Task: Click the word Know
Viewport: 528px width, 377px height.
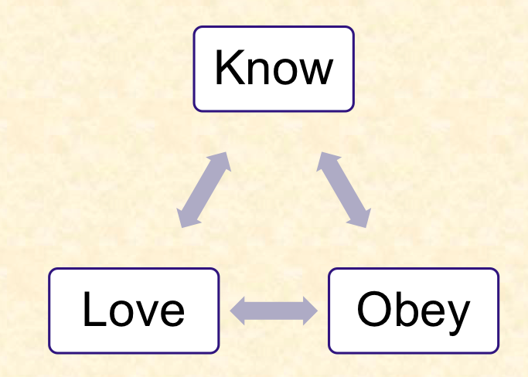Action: [x=274, y=69]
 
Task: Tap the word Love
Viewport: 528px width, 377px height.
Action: [x=134, y=310]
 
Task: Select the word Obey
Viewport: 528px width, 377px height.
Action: [x=413, y=310]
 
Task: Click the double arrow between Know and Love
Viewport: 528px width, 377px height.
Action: [x=204, y=189]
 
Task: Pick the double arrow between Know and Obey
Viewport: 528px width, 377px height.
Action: [x=343, y=189]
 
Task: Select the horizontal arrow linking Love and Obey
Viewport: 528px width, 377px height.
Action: [x=274, y=311]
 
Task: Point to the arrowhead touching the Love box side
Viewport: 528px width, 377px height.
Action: [x=238, y=311]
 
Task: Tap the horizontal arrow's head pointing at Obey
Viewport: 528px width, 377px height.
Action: [x=310, y=311]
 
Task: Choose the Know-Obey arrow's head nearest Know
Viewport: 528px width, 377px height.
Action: [x=325, y=159]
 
